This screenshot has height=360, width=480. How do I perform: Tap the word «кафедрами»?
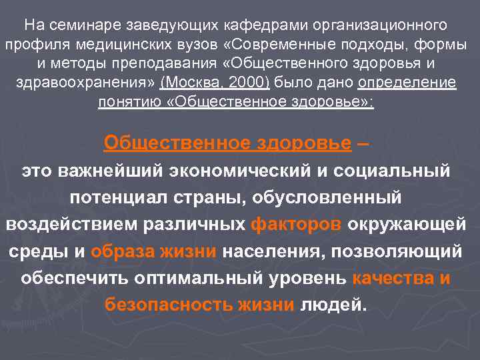point(257,26)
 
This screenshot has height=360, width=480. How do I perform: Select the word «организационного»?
point(381,26)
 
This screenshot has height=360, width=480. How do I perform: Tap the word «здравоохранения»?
point(83,83)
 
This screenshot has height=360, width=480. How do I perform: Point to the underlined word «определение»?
point(407,83)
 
